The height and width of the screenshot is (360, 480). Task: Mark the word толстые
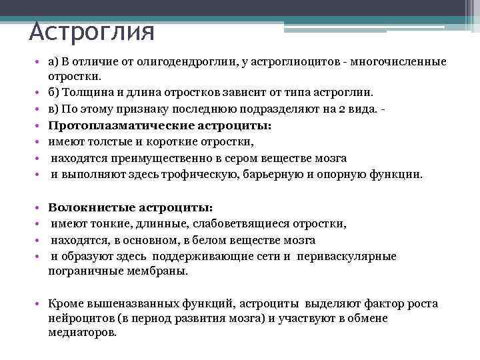click(x=107, y=142)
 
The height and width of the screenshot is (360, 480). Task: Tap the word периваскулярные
click(x=347, y=256)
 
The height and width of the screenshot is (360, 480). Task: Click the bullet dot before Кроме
click(x=41, y=304)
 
